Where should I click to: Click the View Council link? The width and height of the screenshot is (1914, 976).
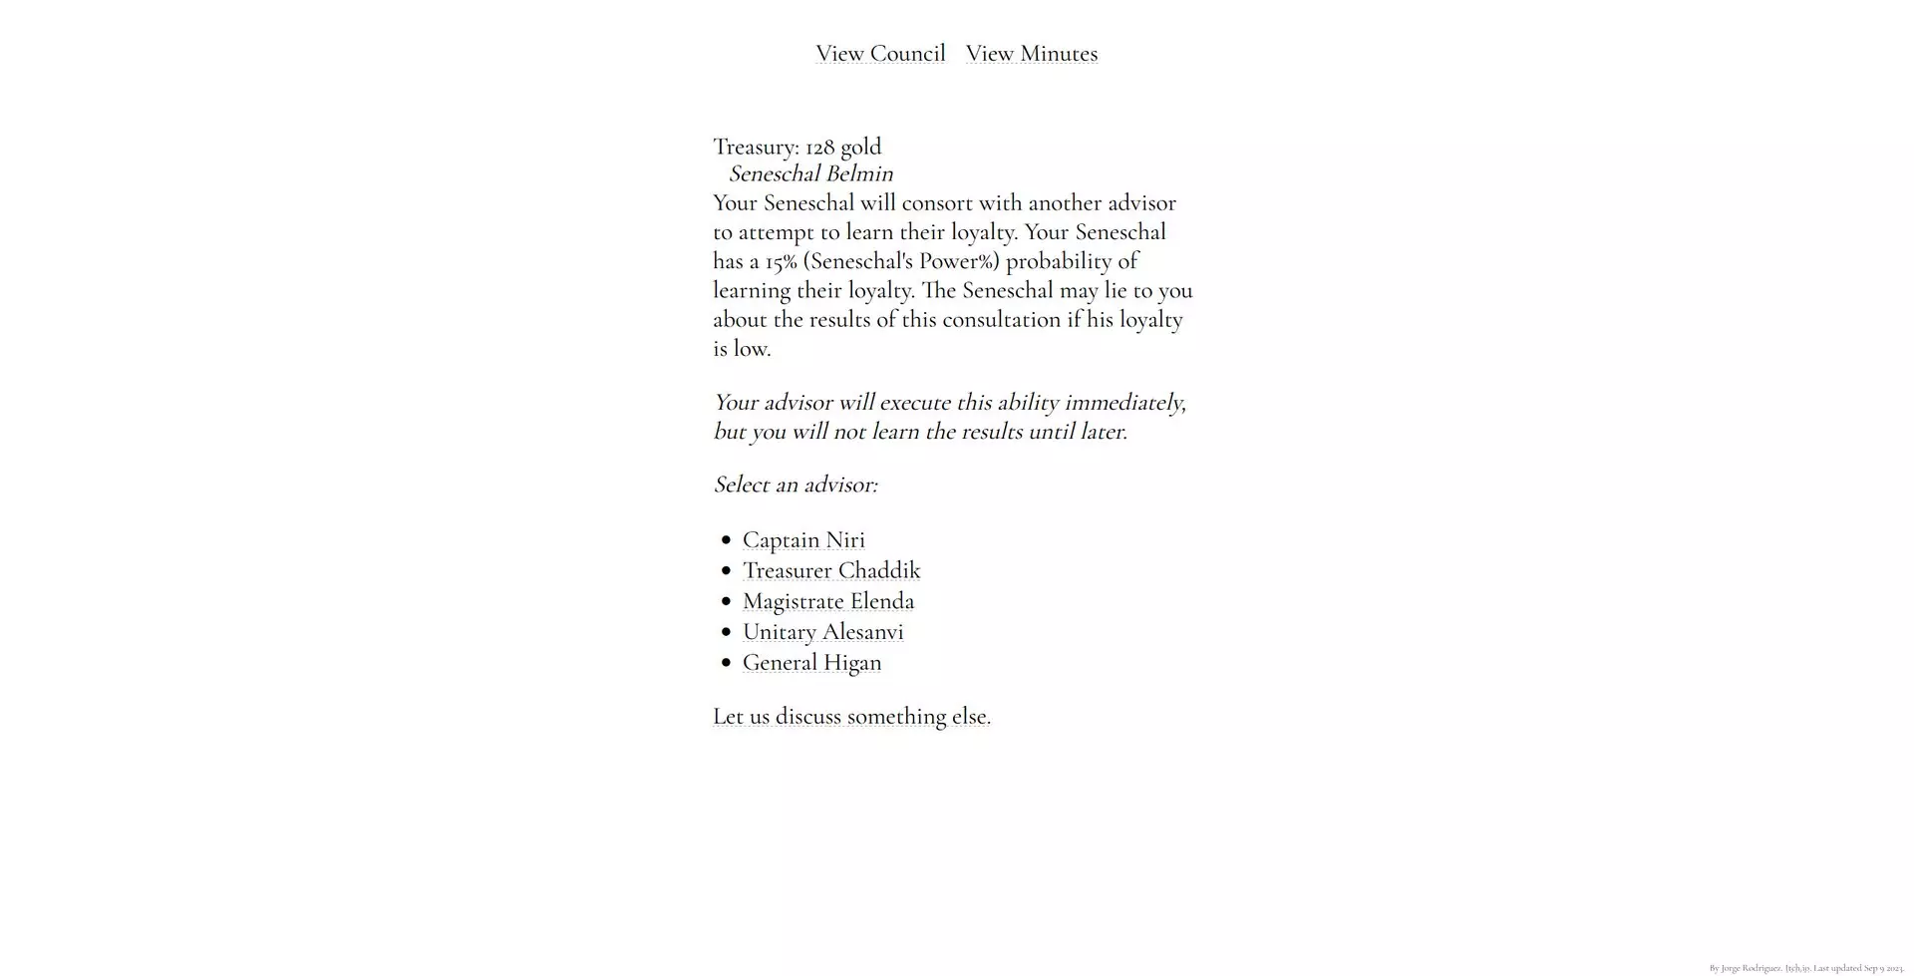pyautogui.click(x=880, y=54)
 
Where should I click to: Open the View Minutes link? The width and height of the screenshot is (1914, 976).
pyautogui.click(x=1031, y=54)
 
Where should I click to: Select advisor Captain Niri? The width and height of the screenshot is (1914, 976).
pyautogui.click(x=803, y=540)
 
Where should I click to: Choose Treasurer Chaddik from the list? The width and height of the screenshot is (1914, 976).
pyautogui.click(x=831, y=571)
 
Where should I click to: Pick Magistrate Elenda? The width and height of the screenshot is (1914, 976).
pyautogui.click(x=828, y=601)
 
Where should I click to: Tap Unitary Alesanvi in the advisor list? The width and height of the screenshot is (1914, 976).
pyautogui.click(x=823, y=632)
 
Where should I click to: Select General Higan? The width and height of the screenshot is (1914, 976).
pyautogui.click(x=811, y=663)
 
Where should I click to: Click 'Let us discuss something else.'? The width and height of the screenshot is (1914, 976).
pyautogui.click(x=851, y=717)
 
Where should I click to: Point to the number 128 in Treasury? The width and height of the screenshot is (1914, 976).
pyautogui.click(x=819, y=148)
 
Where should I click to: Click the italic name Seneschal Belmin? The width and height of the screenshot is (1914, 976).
pyautogui.click(x=810, y=174)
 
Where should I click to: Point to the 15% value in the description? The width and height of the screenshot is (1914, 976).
pyautogui.click(x=781, y=262)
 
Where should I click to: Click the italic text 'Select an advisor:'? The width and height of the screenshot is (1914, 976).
pyautogui.click(x=796, y=485)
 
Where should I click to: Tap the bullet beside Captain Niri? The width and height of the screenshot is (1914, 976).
pyautogui.click(x=726, y=540)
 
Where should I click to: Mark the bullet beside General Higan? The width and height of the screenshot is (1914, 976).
pyautogui.click(x=726, y=663)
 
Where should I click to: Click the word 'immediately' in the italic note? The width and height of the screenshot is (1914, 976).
pyautogui.click(x=1123, y=403)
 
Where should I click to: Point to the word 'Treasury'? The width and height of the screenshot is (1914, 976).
pyautogui.click(x=756, y=148)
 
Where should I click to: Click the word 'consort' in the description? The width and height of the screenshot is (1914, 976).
pyautogui.click(x=937, y=203)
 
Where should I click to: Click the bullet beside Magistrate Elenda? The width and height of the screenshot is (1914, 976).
pyautogui.click(x=726, y=601)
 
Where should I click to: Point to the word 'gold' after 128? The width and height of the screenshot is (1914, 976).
pyautogui.click(x=860, y=148)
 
